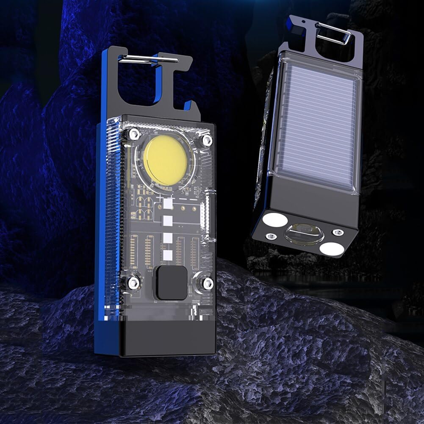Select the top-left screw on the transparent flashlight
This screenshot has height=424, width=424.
tap(134, 135)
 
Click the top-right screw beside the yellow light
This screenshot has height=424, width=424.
tap(207, 140)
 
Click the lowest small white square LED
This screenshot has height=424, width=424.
tap(168, 255)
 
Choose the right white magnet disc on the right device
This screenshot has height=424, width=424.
tap(331, 248)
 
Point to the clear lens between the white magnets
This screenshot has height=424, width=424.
tap(303, 234)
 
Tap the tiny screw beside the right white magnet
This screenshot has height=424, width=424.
tap(338, 233)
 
